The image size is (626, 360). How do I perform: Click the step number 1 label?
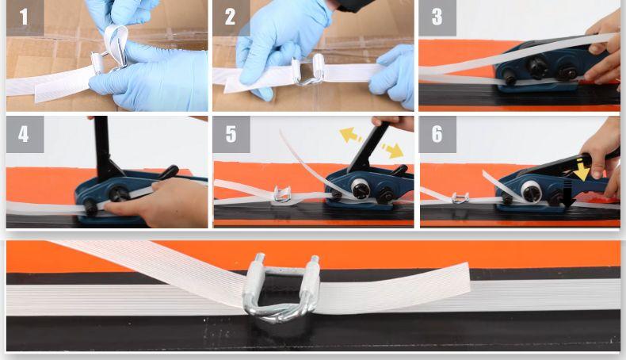[24, 17]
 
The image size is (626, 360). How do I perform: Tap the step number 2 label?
[231, 17]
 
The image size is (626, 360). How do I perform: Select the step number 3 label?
[437, 17]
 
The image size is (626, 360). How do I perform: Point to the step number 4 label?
[24, 134]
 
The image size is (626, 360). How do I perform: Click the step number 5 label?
[231, 134]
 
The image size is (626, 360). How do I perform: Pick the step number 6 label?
[437, 134]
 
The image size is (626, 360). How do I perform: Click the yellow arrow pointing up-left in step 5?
[350, 135]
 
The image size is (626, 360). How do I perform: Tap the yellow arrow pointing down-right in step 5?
[392, 150]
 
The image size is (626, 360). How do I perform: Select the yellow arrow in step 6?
[582, 169]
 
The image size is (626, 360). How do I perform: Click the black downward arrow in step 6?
[568, 194]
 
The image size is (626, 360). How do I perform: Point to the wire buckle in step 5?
[283, 194]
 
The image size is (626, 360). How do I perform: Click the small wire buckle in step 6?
[460, 197]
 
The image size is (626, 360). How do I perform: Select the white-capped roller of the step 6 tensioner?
[532, 191]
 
